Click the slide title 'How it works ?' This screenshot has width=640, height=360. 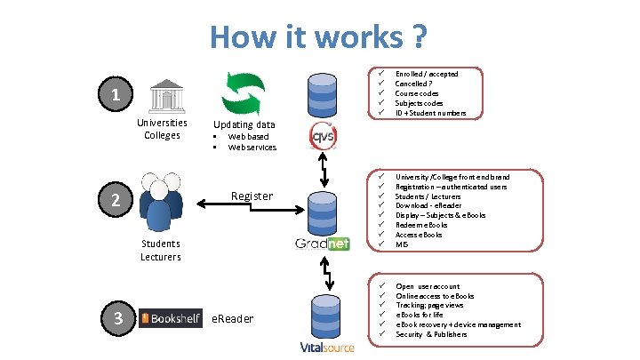[x=319, y=37]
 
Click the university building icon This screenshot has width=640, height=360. [x=163, y=94]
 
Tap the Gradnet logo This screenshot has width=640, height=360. [x=323, y=244]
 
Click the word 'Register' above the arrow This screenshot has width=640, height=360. [x=252, y=196]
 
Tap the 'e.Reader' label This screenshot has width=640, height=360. [x=232, y=318]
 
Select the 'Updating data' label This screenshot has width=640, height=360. [x=244, y=124]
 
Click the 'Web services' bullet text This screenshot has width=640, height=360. [x=252, y=148]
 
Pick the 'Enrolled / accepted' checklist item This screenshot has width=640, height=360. [x=426, y=74]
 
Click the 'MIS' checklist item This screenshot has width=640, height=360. [x=402, y=244]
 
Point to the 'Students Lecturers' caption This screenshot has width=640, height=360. [x=160, y=250]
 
